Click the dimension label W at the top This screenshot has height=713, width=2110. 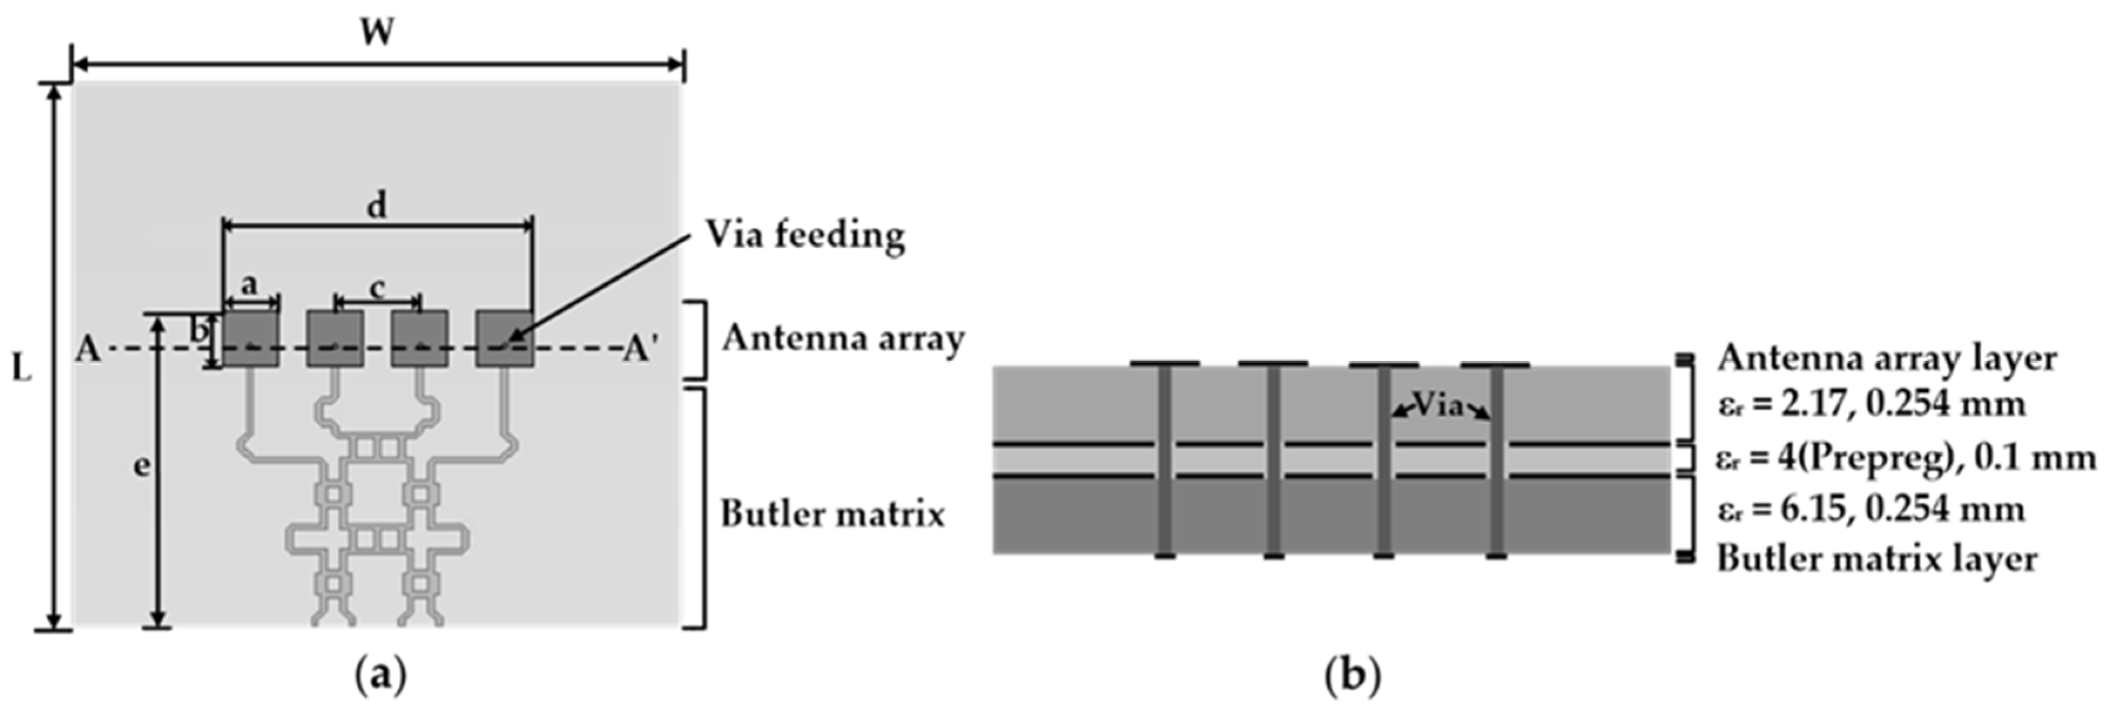pos(377,33)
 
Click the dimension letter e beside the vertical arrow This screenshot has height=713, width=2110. pos(141,466)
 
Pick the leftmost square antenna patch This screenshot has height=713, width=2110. pos(251,338)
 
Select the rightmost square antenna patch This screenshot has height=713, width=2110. pos(505,338)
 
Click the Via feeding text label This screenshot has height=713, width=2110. pos(805,235)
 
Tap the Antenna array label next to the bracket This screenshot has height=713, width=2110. pos(843,338)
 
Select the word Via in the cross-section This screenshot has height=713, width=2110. pos(1439,404)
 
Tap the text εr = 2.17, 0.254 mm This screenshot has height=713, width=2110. pos(1871,404)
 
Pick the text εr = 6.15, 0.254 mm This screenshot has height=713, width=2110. pos(1871,510)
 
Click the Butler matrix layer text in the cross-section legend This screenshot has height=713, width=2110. pos(1876,559)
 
